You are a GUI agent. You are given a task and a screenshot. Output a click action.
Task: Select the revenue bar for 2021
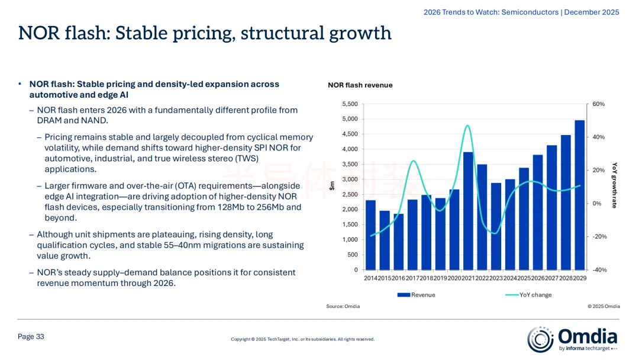468,211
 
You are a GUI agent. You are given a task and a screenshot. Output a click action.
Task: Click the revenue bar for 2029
579,195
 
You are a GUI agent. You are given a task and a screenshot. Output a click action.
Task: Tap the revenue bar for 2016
399,242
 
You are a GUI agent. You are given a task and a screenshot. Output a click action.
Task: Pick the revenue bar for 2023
496,226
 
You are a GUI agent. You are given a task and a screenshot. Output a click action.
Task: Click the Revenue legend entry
416,295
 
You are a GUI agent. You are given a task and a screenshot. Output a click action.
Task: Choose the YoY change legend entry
528,295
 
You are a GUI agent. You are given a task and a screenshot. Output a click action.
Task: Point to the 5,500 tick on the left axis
350,104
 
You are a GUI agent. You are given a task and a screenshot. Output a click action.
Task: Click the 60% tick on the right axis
598,104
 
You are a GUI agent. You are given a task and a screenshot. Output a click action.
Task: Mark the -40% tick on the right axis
599,270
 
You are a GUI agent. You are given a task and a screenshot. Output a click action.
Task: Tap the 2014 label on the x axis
370,278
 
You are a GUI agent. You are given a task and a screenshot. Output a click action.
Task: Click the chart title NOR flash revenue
360,85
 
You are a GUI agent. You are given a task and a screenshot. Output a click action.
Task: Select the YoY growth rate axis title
615,185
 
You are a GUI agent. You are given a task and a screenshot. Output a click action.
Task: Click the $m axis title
332,186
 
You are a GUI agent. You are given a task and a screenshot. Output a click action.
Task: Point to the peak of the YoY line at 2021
467,126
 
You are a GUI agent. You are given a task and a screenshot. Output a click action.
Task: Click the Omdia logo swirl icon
540,339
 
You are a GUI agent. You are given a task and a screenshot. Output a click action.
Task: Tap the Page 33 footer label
31,336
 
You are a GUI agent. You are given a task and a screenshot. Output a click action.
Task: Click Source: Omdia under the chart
343,306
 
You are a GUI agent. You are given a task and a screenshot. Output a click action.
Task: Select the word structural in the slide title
282,33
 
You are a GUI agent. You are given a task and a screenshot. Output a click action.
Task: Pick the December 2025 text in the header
592,12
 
